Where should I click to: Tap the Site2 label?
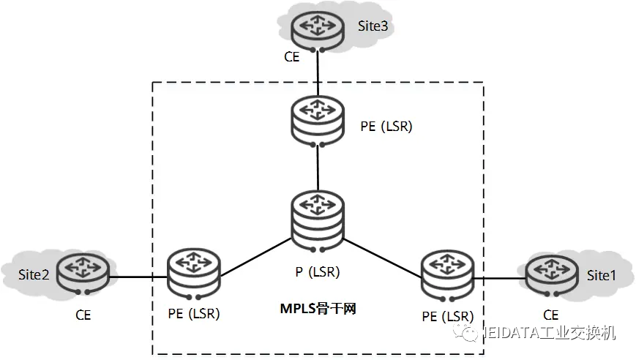click(34, 275)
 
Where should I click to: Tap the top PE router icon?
click(318, 119)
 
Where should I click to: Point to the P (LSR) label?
click(318, 272)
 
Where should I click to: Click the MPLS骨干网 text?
click(318, 309)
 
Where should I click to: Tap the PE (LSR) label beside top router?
click(386, 126)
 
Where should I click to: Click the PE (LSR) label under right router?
click(448, 316)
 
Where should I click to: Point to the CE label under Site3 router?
click(291, 56)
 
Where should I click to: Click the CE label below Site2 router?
click(83, 315)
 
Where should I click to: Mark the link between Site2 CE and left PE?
click(138, 277)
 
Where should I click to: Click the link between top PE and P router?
click(318, 168)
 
